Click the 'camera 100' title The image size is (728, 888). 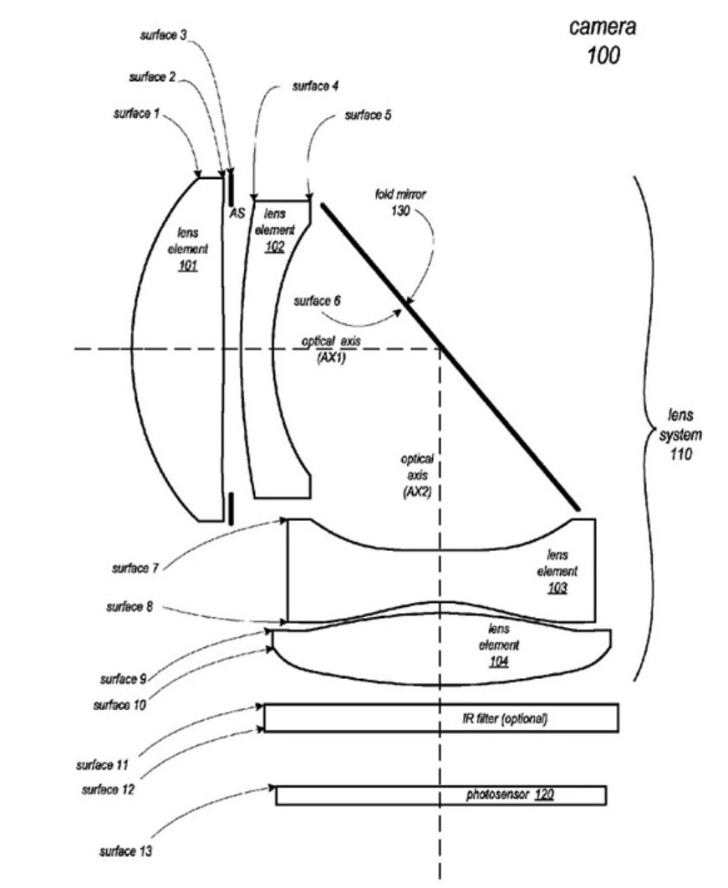click(603, 41)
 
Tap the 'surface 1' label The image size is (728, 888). click(136, 114)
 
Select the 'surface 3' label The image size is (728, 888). click(163, 36)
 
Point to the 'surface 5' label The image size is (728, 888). click(368, 115)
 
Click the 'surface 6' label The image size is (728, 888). click(317, 301)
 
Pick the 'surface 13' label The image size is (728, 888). click(125, 851)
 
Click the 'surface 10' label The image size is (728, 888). click(120, 705)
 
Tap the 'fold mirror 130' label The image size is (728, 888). click(400, 202)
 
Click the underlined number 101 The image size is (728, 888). click(188, 265)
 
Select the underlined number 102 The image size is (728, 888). click(274, 247)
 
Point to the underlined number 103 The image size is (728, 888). click(557, 588)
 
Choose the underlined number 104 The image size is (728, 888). click(499, 661)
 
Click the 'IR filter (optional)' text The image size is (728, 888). click(505, 718)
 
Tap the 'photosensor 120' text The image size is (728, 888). click(510, 794)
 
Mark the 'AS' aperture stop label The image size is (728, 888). click(237, 213)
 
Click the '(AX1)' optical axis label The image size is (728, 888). click(331, 358)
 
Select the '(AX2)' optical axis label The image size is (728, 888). click(417, 492)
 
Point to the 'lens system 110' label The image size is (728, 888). click(680, 434)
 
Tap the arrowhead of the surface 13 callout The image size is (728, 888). click(272, 787)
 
